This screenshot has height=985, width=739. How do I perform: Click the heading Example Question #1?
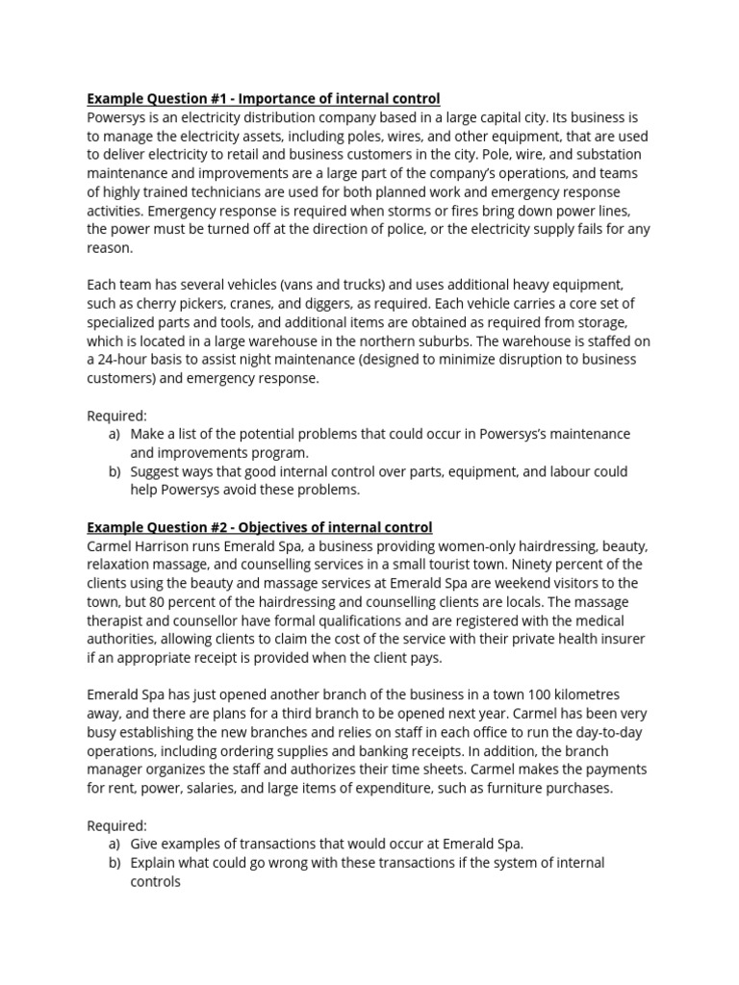263,99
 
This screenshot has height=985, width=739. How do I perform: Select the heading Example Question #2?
259,527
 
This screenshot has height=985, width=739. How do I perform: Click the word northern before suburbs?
393,341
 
